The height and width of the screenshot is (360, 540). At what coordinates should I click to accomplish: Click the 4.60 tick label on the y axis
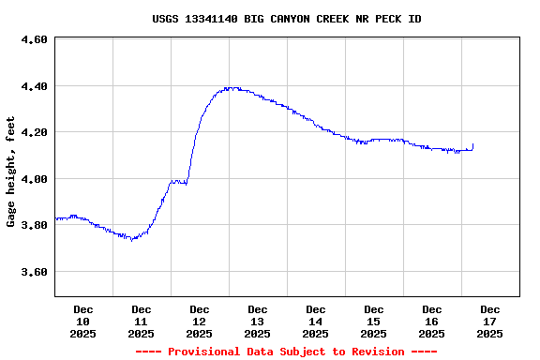pos(34,40)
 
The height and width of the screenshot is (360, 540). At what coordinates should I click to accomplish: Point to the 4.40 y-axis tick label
pos(34,86)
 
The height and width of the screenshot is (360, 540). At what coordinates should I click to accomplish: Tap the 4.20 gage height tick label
pos(34,132)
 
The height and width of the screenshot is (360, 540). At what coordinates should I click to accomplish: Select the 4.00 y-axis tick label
pos(34,179)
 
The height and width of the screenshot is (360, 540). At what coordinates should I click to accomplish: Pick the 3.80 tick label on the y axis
pos(34,225)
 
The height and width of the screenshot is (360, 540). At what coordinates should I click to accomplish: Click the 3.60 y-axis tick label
pos(34,272)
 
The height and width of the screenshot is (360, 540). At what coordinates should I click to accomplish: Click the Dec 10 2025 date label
pos(83,321)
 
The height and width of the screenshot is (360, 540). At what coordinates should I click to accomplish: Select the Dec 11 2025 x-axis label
pos(142,321)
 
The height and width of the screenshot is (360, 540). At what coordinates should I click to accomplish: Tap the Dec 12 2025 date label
pos(200,321)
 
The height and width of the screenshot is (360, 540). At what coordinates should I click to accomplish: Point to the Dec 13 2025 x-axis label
pos(258,321)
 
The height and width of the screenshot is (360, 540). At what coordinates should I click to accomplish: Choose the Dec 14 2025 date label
pos(316,321)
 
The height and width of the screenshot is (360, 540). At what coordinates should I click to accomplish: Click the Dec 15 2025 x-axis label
pos(374,321)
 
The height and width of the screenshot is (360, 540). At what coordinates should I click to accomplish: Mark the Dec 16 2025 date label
pos(432,321)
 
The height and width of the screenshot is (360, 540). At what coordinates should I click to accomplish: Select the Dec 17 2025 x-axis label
pos(490,321)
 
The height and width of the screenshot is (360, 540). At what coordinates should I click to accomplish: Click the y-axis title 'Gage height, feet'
pos(11,172)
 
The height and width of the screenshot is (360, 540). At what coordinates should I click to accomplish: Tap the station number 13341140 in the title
pos(214,19)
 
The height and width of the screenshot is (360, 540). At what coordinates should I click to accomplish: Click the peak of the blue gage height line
pos(230,88)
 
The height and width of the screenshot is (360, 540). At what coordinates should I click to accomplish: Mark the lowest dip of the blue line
pos(132,239)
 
